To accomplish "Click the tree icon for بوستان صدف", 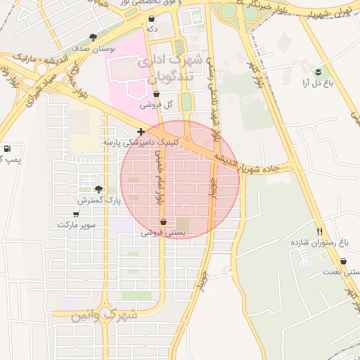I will (x=93, y=38).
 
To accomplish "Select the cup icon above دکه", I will (x=151, y=18).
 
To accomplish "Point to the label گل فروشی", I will (x=156, y=105).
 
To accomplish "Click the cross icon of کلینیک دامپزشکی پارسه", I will (x=141, y=131).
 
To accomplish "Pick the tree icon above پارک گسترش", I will (x=98, y=189).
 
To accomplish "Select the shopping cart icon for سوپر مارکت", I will (x=76, y=214).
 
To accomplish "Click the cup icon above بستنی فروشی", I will (x=164, y=221).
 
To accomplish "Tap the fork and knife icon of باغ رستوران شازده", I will (x=320, y=231).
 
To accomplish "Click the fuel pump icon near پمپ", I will (x=7, y=148).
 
